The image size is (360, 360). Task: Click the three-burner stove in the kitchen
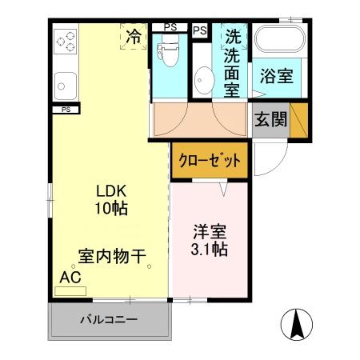[x=65, y=40]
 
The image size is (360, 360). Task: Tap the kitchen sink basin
[x=65, y=82]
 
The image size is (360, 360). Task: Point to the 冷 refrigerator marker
[x=134, y=36]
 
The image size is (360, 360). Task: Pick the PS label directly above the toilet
[x=170, y=27]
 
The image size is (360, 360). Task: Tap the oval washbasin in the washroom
[x=203, y=81]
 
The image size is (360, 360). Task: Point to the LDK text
[x=111, y=192]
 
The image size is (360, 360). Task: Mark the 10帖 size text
[x=111, y=209]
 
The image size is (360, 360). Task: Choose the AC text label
[x=70, y=277]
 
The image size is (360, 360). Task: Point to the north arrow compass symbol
[x=295, y=323]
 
